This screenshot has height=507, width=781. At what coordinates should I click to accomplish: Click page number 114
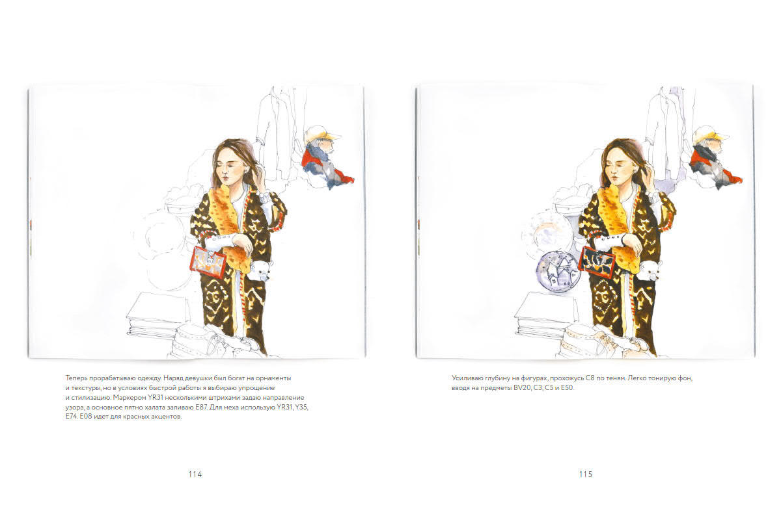tap(195, 474)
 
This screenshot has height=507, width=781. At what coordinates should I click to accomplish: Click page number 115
tap(586, 474)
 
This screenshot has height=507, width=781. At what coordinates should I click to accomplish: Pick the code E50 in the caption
tap(567, 387)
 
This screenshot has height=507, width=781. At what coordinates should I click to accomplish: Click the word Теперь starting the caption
tap(76, 378)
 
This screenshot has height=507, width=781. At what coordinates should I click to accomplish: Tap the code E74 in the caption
tap(72, 417)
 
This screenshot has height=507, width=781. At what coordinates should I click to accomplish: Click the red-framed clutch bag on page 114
tap(208, 262)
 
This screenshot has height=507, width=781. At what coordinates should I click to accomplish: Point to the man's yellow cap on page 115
tap(710, 134)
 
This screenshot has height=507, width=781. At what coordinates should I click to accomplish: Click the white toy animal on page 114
tap(260, 270)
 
